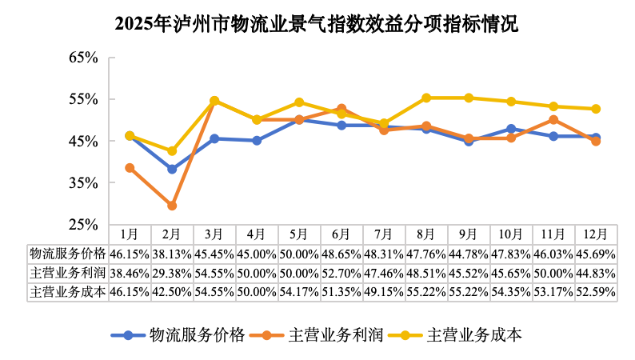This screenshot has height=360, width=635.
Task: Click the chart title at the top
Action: pyautogui.click(x=317, y=24)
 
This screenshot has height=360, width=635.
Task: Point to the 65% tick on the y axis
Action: pyautogui.click(x=84, y=58)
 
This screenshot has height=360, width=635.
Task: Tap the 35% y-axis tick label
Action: pyautogui.click(x=84, y=182)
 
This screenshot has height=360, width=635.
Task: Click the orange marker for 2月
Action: pyautogui.click(x=172, y=206)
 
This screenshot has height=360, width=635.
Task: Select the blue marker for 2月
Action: pyautogui.click(x=172, y=169)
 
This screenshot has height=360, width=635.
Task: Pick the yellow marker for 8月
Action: pyautogui.click(x=426, y=98)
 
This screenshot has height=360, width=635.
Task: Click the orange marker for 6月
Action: pyautogui.click(x=341, y=109)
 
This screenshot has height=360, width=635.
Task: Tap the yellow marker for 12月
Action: pyautogui.click(x=596, y=109)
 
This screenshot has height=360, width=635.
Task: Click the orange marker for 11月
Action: pyautogui.click(x=553, y=120)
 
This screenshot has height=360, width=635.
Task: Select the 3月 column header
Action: pyautogui.click(x=214, y=234)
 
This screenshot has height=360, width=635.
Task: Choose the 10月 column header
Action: pyautogui.click(x=511, y=234)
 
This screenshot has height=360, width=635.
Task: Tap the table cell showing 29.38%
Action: pyautogui.click(x=172, y=272)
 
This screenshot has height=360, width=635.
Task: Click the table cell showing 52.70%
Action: pyautogui.click(x=341, y=272)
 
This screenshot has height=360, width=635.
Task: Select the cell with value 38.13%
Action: pyautogui.click(x=172, y=253)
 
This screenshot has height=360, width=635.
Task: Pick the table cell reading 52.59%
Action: pyautogui.click(x=596, y=291)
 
